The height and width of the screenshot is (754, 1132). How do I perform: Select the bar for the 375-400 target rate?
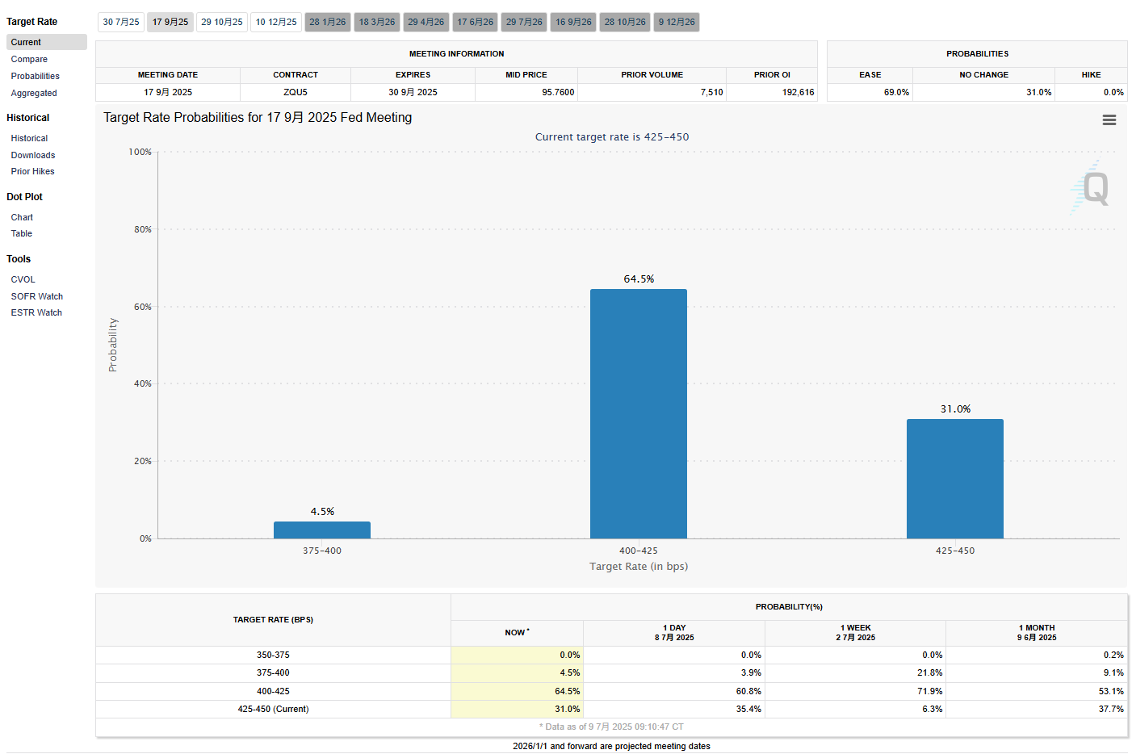tap(321, 530)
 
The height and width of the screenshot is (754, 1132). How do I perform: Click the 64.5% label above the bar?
tap(639, 279)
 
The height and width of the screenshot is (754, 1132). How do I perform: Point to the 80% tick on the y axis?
tap(143, 229)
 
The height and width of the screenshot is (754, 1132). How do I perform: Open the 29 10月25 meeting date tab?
tap(222, 22)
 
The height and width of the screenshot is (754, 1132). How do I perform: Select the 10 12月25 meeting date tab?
tap(276, 22)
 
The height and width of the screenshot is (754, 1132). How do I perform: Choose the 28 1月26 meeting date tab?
tap(328, 22)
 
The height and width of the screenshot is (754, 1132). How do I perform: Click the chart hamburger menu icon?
tap(1109, 119)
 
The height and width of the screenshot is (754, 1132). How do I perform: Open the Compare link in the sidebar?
tap(29, 59)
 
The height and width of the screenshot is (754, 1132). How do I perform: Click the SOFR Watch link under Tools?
tap(37, 296)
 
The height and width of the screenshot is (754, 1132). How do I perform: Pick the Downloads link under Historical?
tap(33, 155)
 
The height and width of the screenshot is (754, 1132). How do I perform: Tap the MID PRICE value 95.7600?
tap(558, 92)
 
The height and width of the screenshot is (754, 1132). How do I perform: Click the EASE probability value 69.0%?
tap(896, 92)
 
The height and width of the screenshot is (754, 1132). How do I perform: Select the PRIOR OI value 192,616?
tap(798, 92)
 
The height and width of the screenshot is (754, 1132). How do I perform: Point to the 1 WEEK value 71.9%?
tap(930, 691)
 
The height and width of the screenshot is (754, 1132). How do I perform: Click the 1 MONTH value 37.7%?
tap(1111, 709)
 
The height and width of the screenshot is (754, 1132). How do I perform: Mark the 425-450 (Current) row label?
tap(273, 709)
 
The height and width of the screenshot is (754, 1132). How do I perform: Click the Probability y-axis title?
tap(113, 345)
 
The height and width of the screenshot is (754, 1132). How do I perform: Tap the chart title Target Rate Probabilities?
tap(258, 117)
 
